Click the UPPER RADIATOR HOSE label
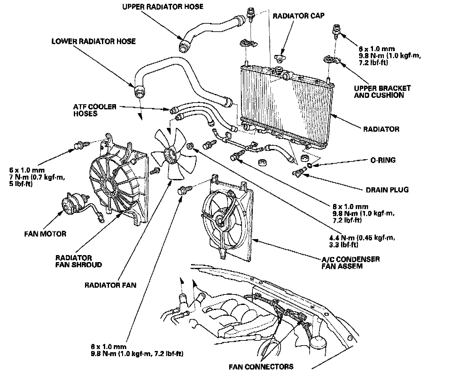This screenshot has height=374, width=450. pos(163,6)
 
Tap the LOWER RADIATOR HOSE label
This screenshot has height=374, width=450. pos(94,42)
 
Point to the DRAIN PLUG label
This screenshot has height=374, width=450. pos(387,190)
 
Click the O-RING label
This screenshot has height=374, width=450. pos(383,160)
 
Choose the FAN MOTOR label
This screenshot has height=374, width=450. pos(45,234)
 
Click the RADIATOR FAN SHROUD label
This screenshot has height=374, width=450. pos(79,261)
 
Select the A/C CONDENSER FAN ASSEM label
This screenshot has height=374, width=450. pos(351,262)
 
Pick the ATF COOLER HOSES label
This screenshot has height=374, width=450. pos(95,110)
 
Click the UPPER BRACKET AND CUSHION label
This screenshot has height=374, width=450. pos(382,92)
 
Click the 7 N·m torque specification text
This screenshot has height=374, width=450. pos(37,177)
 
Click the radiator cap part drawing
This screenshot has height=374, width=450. pos(281,58)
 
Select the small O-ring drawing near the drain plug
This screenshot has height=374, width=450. pos(310,165)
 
